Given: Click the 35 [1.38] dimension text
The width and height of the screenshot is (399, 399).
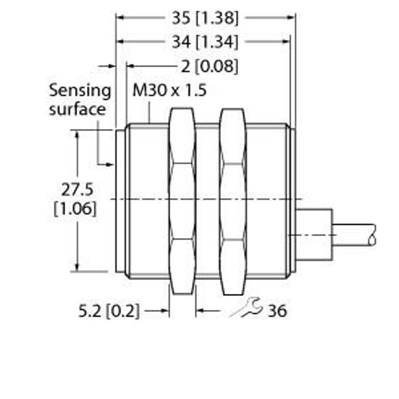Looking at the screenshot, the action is pos(205,18).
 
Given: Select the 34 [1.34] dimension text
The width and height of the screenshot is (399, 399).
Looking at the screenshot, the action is pos(205,42).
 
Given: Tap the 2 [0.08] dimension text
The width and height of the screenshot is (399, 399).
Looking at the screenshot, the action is pos(209,66).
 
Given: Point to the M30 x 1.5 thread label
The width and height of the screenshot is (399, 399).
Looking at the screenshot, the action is pos(169,90).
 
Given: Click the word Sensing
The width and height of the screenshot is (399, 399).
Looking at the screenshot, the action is pos(80,91).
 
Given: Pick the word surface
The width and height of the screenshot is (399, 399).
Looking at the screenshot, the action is pos(77,110).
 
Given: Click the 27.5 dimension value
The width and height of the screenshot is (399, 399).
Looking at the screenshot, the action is pos(77,190).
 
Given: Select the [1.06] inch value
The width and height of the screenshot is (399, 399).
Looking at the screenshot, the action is pos(75,209).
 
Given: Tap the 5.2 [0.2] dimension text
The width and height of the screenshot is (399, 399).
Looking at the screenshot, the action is pos(109,311).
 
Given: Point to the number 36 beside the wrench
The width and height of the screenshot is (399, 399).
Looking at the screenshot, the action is pos(277,311).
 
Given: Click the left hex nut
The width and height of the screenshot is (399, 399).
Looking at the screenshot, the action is pos(182,201).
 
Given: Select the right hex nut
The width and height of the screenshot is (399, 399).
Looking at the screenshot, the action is pos(233,201).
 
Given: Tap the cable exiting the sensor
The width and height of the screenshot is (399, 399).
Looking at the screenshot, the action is pos(354,235).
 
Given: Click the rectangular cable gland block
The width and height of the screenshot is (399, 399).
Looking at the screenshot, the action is pos(314,234).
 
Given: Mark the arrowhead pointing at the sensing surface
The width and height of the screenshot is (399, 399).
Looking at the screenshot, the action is pos(110,165).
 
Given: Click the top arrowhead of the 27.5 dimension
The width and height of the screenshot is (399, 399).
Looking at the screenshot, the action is pos(77,134).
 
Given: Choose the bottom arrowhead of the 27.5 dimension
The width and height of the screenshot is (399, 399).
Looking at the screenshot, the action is pos(77,267).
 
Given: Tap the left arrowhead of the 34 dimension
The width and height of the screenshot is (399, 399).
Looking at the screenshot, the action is pos(120,41).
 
